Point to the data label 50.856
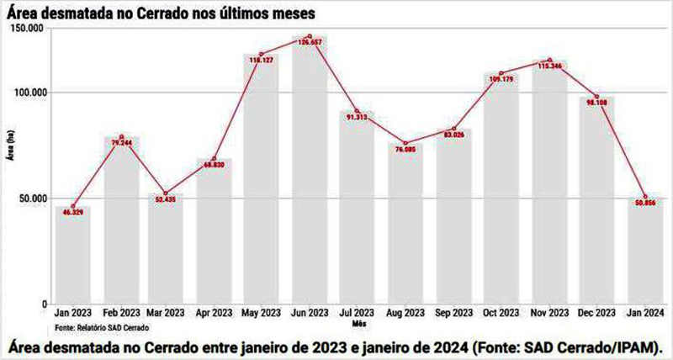pyautogui.click(x=644, y=204)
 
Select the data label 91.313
pyautogui.click(x=357, y=119)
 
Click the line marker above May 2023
pyautogui.click(x=262, y=54)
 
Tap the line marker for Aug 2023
pyautogui.click(x=405, y=143)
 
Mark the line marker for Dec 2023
pyautogui.click(x=596, y=97)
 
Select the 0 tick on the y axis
pyautogui.click(x=45, y=304)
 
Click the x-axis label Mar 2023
pyautogui.click(x=167, y=313)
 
